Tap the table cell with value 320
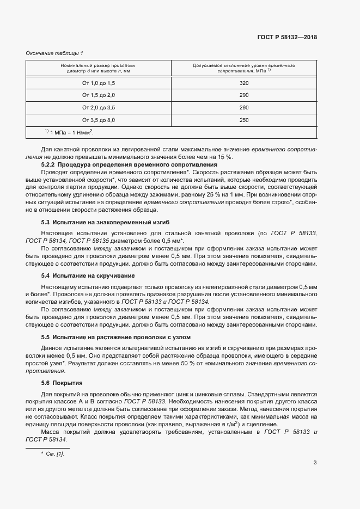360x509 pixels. point(243,83)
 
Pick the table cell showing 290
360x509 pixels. point(243,95)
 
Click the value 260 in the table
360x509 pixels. point(243,107)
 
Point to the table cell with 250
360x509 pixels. point(243,120)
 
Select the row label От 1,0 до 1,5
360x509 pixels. point(99,83)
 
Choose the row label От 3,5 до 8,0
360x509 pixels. point(99,120)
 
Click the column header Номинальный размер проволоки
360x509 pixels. point(98,65)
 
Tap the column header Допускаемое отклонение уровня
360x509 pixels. point(243,65)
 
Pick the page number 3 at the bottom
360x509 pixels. point(315,463)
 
